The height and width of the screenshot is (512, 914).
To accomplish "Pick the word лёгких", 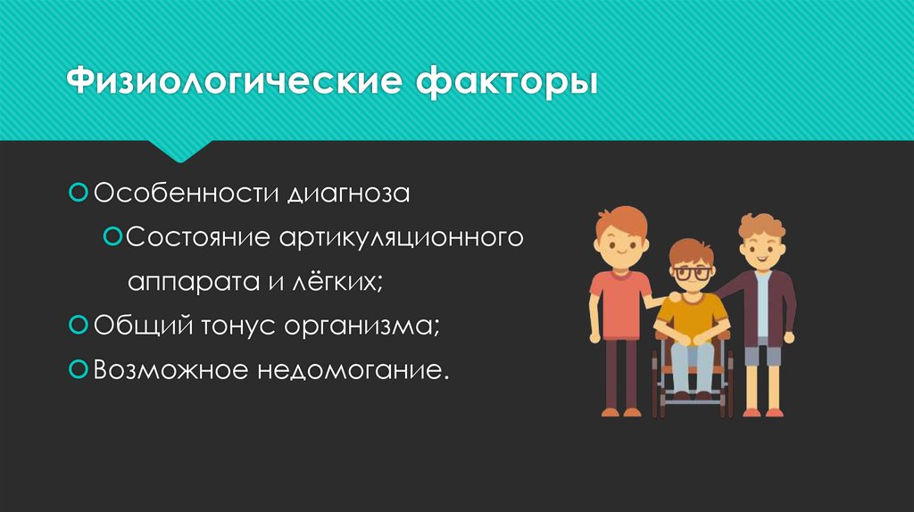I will pos(345,283).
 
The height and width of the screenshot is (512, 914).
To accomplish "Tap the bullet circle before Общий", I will pos(78,325).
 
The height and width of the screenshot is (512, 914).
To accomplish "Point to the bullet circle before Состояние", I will pos(112,237).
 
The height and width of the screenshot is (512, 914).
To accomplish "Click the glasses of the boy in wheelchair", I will pos(691,273).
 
